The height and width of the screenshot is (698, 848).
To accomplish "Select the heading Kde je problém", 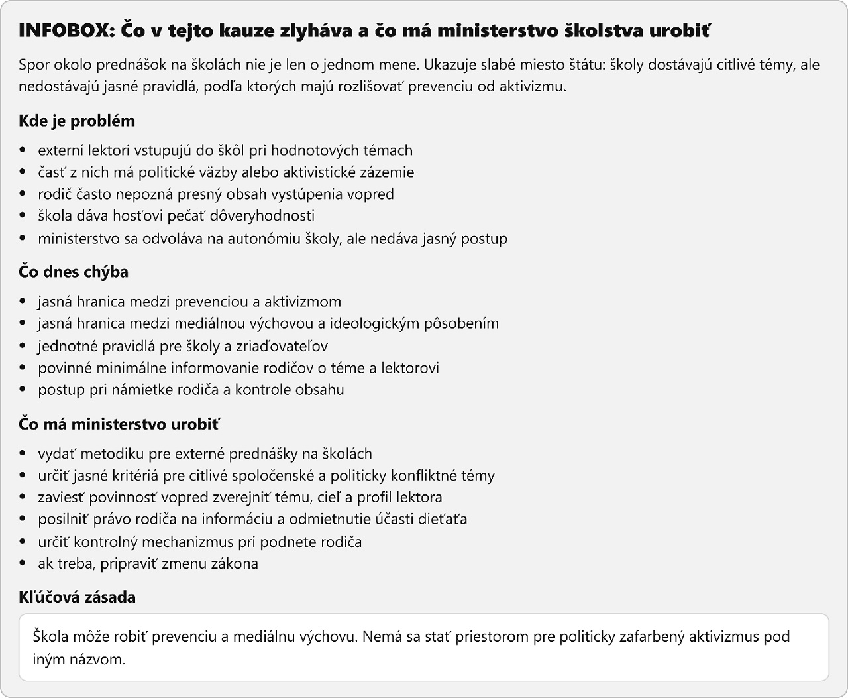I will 77,121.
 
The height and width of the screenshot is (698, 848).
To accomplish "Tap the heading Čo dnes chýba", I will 74,272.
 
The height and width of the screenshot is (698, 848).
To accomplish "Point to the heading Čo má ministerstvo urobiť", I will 119,424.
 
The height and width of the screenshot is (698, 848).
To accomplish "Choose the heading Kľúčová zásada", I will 77,597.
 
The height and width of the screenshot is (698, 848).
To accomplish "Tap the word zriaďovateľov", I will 282,345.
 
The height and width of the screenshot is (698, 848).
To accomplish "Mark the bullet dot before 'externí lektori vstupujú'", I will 24,151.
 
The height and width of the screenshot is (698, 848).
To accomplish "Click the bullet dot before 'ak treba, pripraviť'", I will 24,564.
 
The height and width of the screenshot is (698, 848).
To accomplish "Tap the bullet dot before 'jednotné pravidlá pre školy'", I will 24,346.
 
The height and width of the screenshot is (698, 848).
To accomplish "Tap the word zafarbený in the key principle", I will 651,637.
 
